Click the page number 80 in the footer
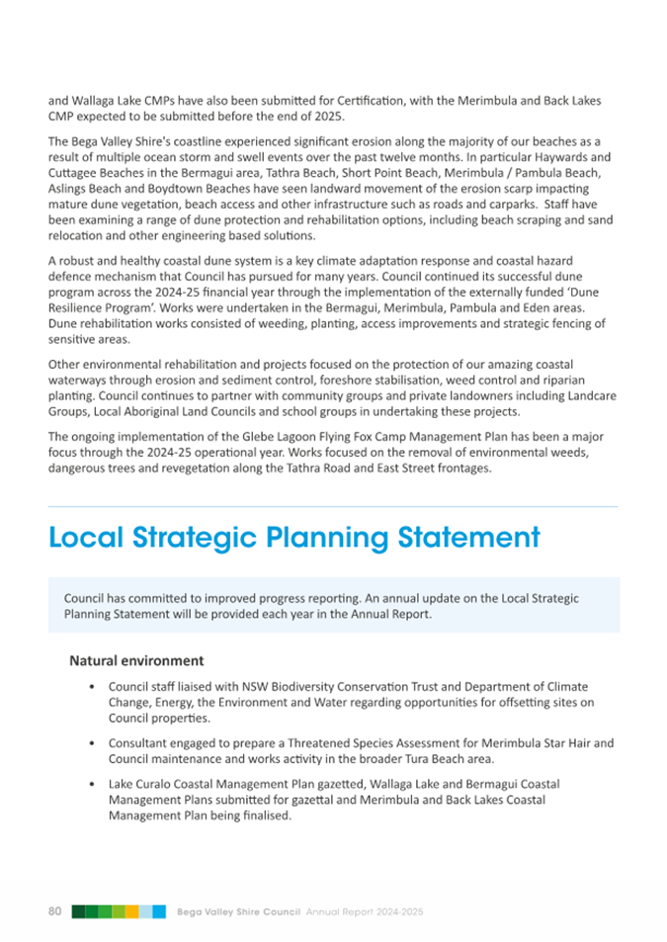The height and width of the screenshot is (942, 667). (x=55, y=910)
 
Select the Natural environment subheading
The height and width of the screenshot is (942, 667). (x=136, y=660)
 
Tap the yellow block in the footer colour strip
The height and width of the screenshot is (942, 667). (x=131, y=910)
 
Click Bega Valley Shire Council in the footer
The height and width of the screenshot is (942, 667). (x=239, y=910)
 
